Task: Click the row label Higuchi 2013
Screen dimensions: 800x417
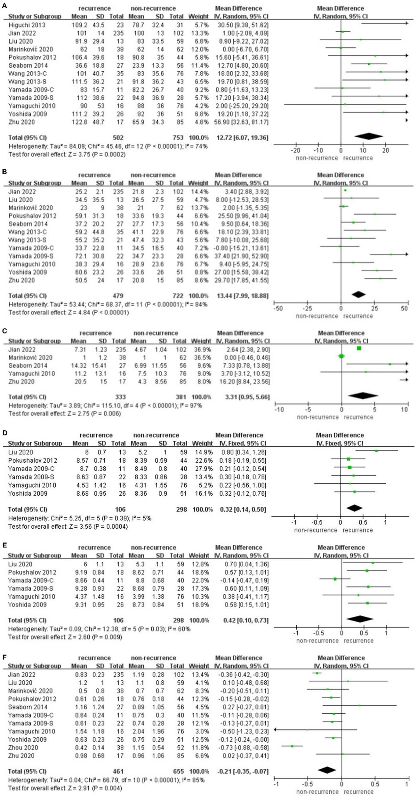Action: click(27, 25)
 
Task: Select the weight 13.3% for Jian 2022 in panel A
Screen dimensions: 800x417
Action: click(201, 33)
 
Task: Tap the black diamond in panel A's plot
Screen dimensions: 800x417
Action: click(369, 136)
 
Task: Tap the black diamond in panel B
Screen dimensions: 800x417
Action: click(358, 294)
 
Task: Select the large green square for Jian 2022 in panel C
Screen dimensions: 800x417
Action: click(359, 348)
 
